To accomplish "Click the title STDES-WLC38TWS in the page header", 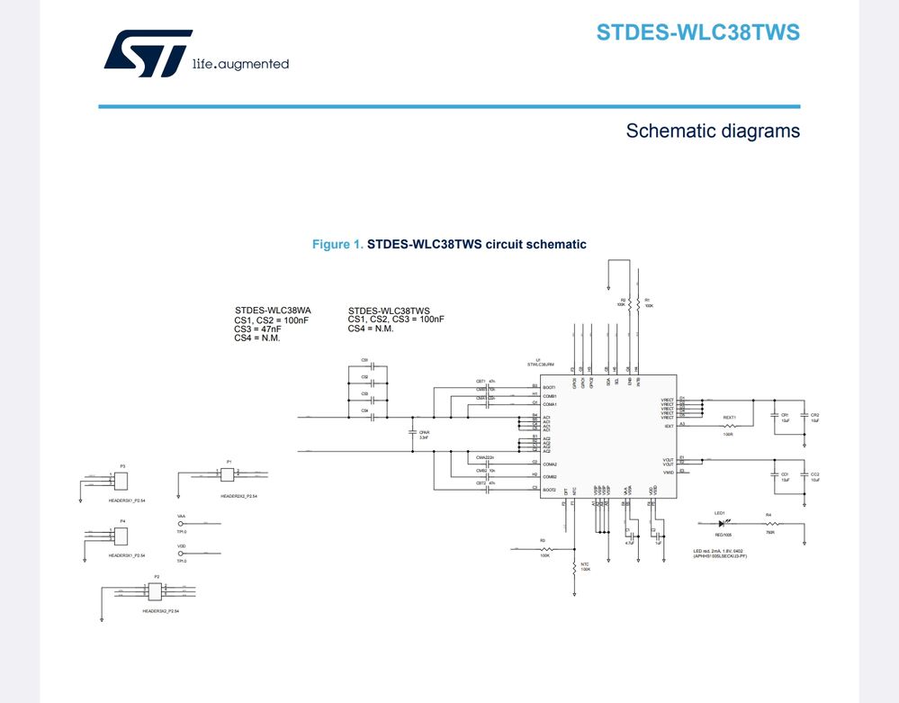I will pyautogui.click(x=697, y=33).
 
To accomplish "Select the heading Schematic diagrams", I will pyautogui.click(x=713, y=131).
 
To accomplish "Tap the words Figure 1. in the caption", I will pyautogui.click(x=337, y=245).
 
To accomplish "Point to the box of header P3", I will pyautogui.click(x=122, y=483).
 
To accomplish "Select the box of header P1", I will pyautogui.click(x=229, y=475).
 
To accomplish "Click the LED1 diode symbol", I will pyautogui.click(x=720, y=523).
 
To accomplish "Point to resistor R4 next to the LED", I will pyautogui.click(x=769, y=523).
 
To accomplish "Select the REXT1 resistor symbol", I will pyautogui.click(x=729, y=426).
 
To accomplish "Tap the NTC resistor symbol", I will pyautogui.click(x=574, y=566).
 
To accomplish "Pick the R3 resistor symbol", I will pyautogui.click(x=543, y=547).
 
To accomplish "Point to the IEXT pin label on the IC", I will pyautogui.click(x=669, y=426).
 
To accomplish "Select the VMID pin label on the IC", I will pyautogui.click(x=668, y=472).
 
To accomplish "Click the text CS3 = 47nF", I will pyautogui.click(x=260, y=329).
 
